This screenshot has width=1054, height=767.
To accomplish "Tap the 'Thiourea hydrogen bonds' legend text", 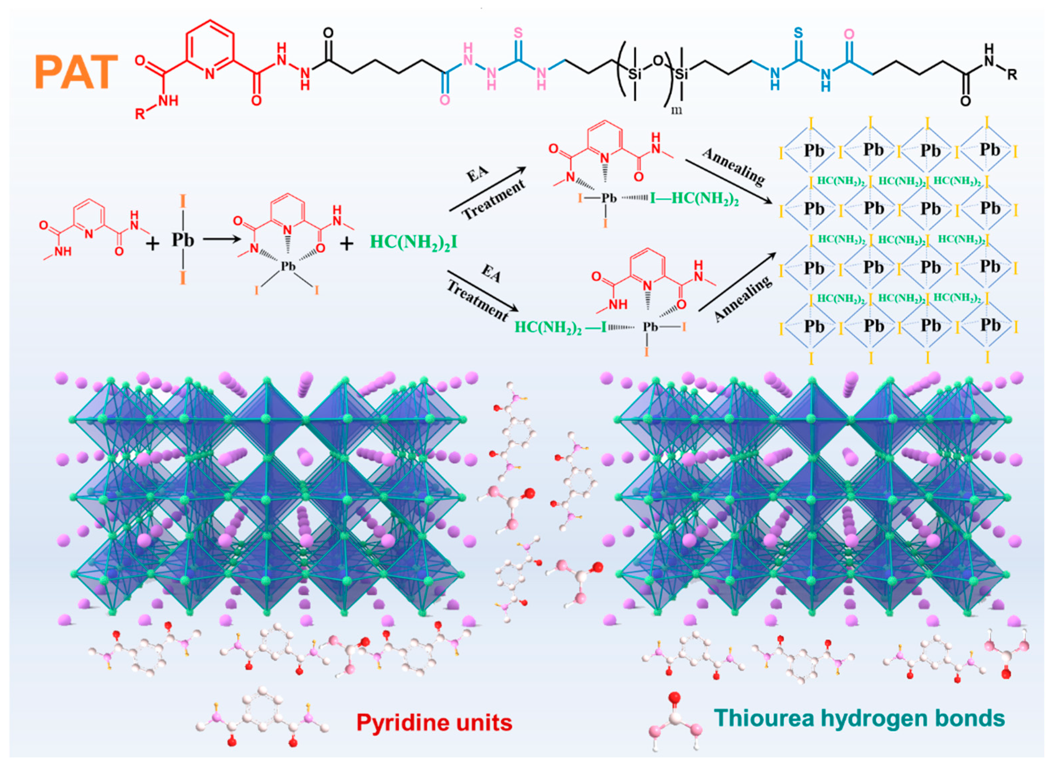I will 859,718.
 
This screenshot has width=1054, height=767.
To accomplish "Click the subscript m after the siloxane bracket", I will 677,110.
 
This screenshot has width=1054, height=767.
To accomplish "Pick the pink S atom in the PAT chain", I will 518,33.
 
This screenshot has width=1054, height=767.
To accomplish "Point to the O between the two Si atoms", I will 658,60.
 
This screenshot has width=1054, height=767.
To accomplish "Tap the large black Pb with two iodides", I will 182,240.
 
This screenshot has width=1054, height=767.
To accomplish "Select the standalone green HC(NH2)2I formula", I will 413,242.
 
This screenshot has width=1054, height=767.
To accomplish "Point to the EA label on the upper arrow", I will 478,175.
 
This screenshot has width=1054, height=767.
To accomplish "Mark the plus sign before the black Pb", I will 152,243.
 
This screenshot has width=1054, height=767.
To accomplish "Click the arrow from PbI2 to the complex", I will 222,240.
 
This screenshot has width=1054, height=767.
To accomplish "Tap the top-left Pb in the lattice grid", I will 814,151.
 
